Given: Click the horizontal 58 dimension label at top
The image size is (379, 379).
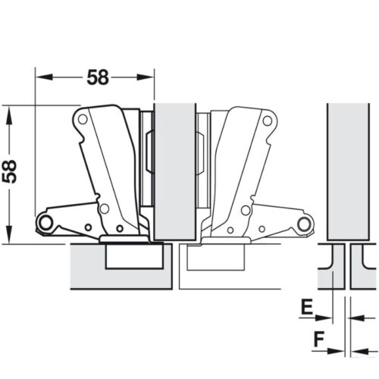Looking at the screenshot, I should pyautogui.click(x=96, y=77).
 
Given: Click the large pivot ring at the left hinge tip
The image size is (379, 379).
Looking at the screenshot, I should pyautogui.click(x=45, y=222).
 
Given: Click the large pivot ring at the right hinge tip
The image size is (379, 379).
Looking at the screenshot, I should pyautogui.click(x=305, y=223).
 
